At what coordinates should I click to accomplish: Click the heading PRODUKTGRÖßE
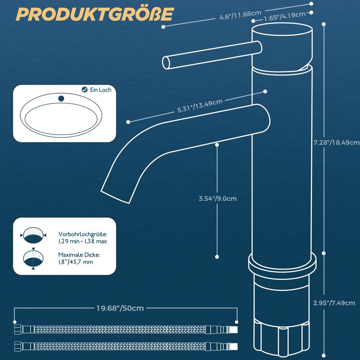pyautogui.click(x=94, y=14)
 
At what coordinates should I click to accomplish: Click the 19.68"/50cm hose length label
pyautogui.click(x=120, y=308)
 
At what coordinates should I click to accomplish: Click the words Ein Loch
pyautogui.click(x=100, y=90)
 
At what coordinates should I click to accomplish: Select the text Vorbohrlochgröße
pyautogui.click(x=83, y=234)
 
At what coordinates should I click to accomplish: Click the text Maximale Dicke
pyautogui.click(x=79, y=254)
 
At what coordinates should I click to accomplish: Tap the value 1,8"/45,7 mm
pyautogui.click(x=76, y=261)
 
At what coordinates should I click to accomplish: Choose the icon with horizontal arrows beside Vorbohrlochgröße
pyautogui.click(x=34, y=235)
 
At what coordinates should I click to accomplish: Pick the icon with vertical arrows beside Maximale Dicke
pyautogui.click(x=34, y=259)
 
